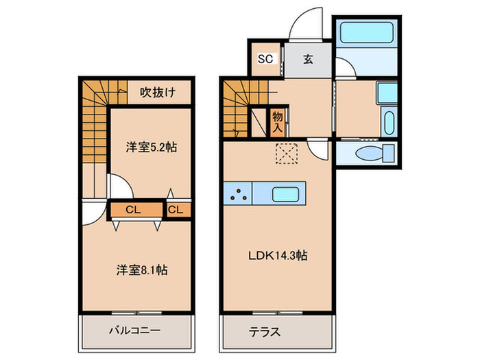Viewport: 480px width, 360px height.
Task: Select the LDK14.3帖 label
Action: pyautogui.click(x=277, y=256)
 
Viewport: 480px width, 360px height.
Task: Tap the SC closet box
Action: pyautogui.click(x=265, y=59)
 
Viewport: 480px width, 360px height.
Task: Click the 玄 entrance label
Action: pyautogui.click(x=308, y=59)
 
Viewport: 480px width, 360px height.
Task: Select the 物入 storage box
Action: pyautogui.click(x=278, y=122)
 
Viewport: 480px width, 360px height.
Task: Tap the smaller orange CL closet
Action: pyautogui.click(x=175, y=209)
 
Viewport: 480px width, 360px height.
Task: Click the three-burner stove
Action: pyautogui.click(x=239, y=193)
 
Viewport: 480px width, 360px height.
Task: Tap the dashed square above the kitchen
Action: pyautogui.click(x=285, y=152)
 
